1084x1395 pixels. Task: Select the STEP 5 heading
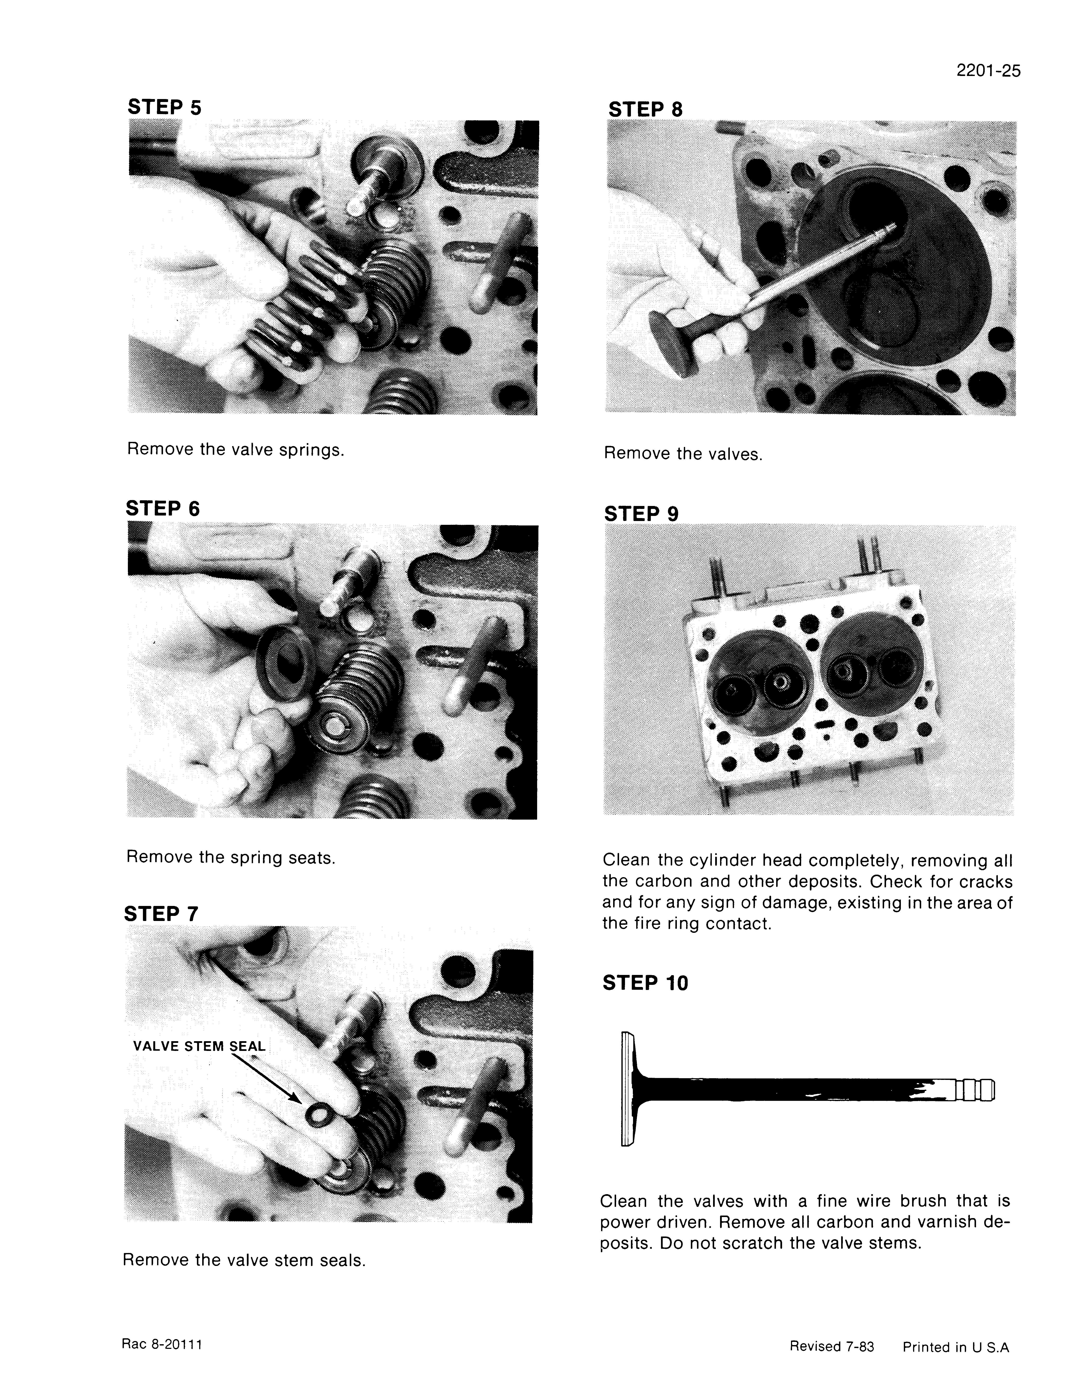point(164,107)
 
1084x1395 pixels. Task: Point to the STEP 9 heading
point(641,514)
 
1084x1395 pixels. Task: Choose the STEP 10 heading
point(645,982)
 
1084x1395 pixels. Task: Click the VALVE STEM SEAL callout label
point(199,1046)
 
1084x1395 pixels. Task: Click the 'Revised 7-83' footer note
point(832,1347)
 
